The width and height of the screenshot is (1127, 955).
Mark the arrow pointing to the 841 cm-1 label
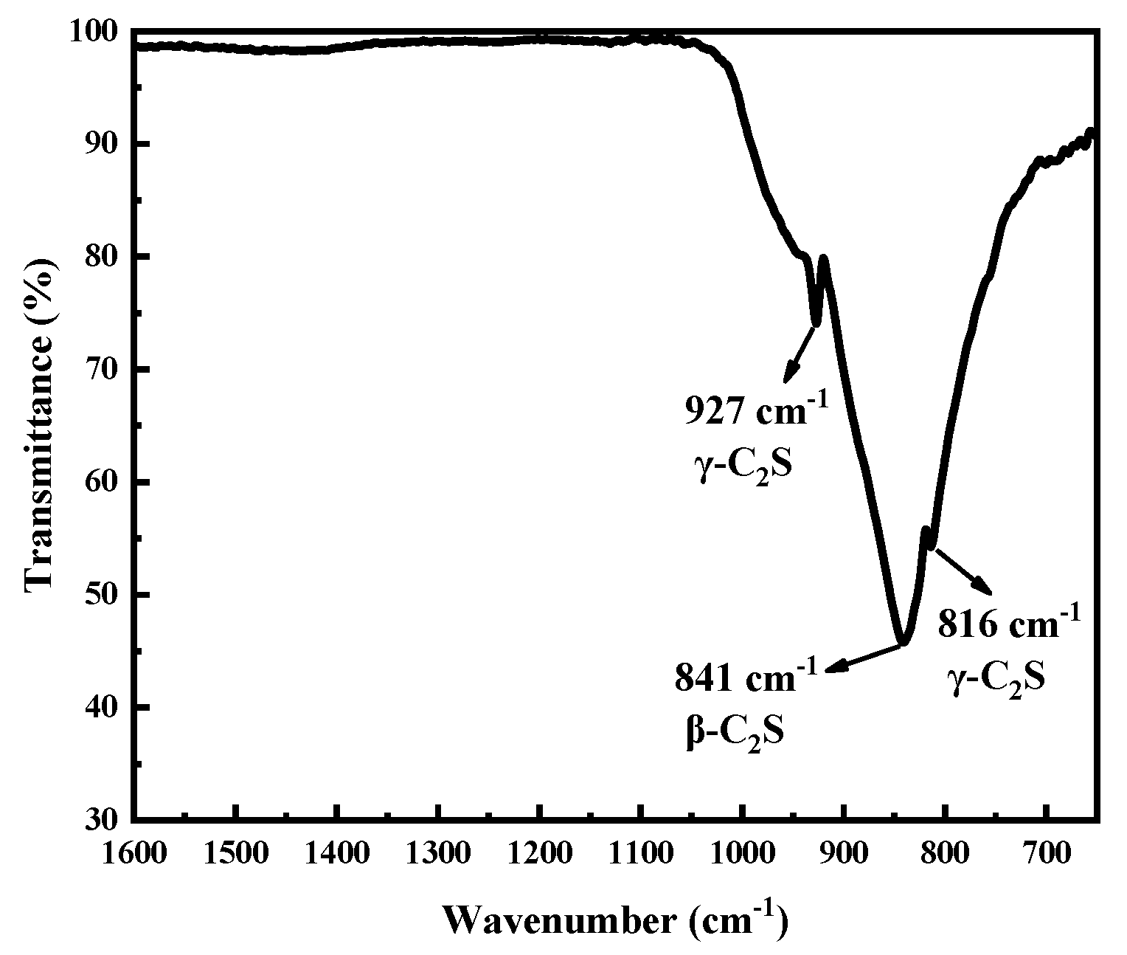[x=863, y=658]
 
